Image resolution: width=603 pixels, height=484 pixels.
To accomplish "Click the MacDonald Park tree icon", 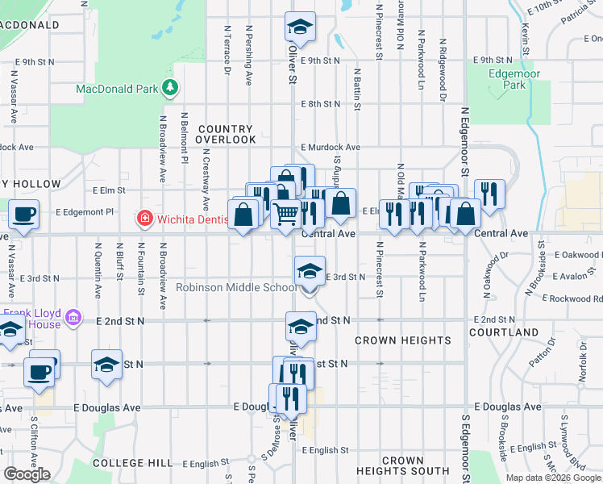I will (x=169, y=87).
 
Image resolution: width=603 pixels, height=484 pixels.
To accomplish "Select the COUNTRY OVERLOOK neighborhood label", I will (x=225, y=134).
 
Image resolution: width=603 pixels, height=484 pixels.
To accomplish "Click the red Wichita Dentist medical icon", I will (x=144, y=218).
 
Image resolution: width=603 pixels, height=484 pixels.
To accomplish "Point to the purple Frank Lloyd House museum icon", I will (x=74, y=317).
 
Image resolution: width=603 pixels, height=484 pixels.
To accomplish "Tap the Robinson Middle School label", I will (x=236, y=287).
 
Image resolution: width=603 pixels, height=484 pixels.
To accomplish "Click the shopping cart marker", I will (x=286, y=214).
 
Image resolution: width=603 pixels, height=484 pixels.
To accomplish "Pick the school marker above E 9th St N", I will (x=300, y=27).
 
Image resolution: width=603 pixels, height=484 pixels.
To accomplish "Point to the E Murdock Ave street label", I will (x=331, y=148).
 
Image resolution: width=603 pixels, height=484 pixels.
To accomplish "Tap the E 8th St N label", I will (x=322, y=104).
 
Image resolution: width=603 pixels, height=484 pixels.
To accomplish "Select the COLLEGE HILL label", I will (x=134, y=463).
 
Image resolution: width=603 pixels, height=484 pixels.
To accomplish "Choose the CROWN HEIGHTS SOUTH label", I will (x=403, y=465).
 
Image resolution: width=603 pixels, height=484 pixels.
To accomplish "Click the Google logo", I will (x=27, y=474).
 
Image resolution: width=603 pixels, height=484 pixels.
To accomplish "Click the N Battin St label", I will (x=356, y=89).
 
